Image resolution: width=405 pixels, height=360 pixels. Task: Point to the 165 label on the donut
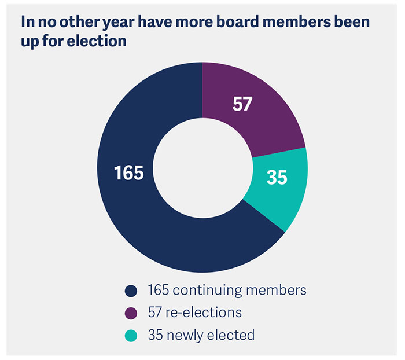coord(128,172)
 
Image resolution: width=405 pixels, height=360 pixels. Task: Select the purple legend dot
coord(131,313)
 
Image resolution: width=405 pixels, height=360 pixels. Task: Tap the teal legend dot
coord(131,335)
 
